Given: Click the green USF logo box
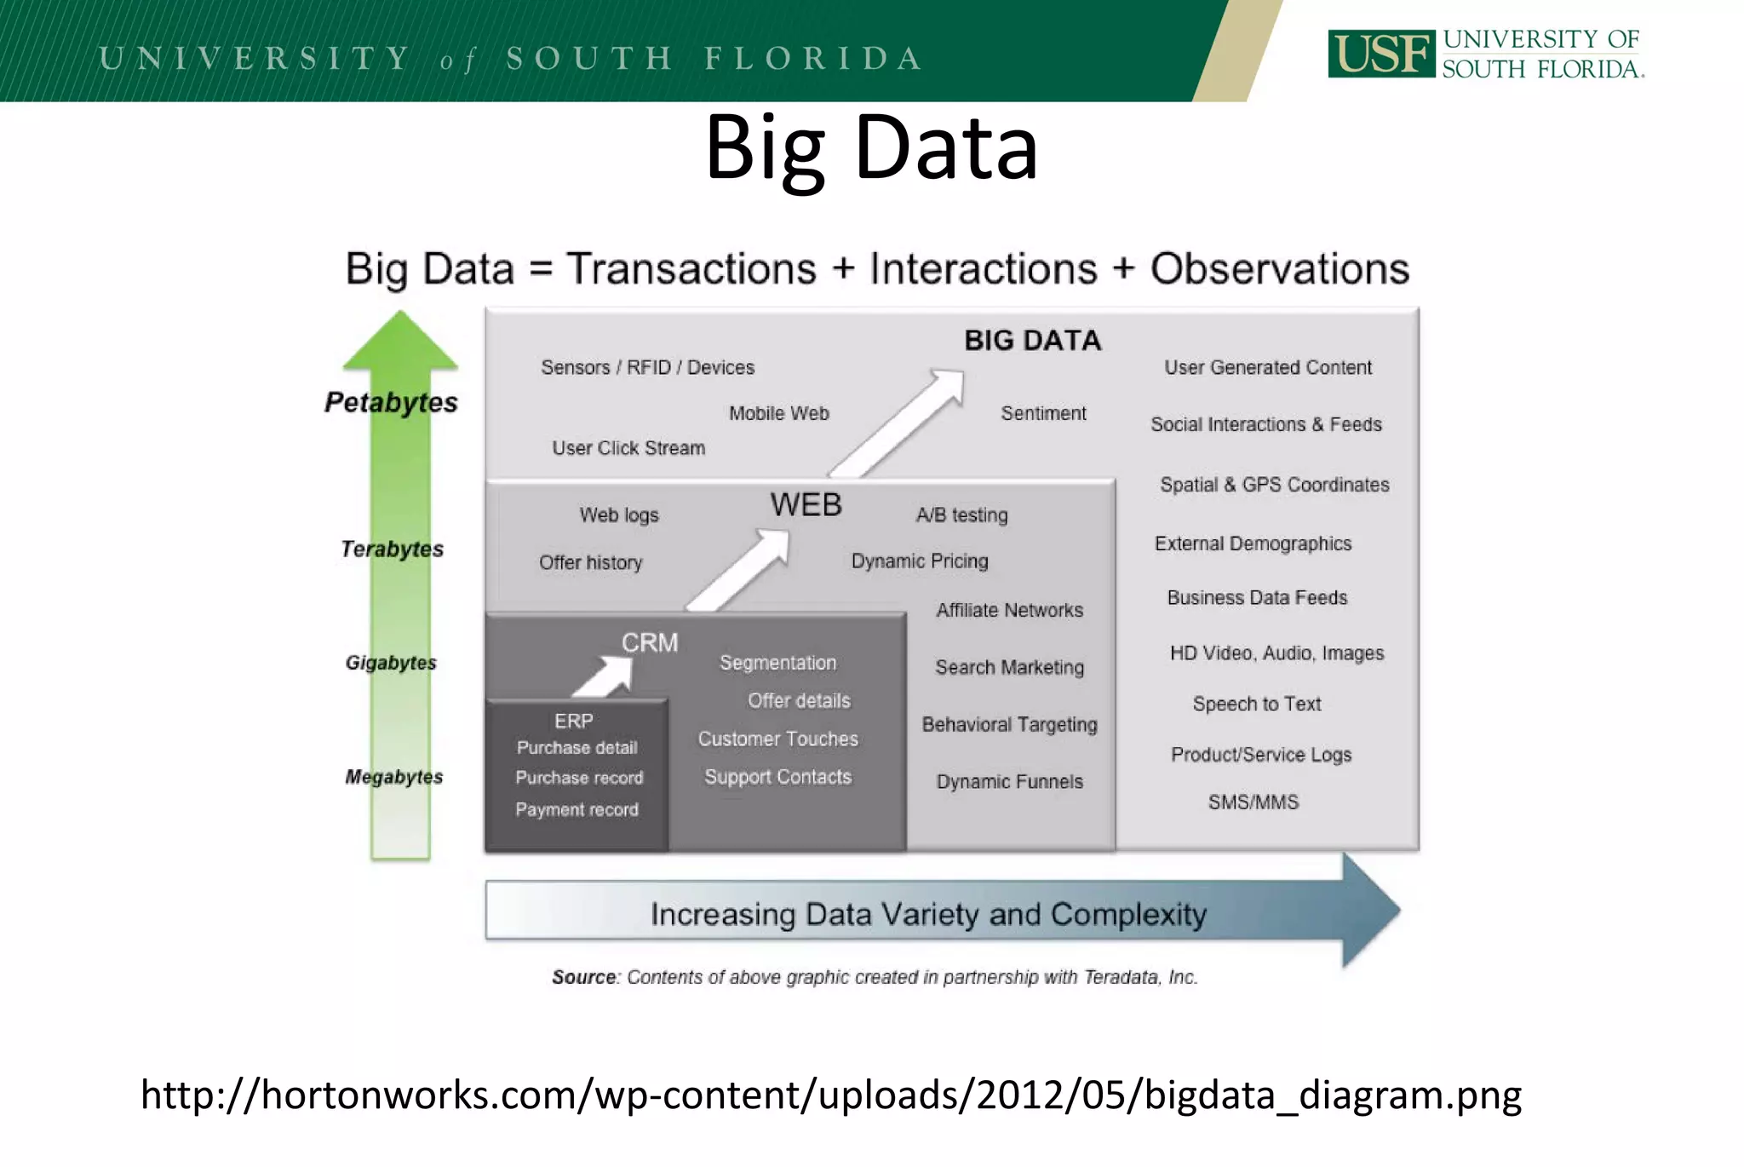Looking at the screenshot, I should coord(1380,54).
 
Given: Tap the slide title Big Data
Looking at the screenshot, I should coord(871,148).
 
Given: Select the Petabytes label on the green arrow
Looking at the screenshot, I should coord(391,402).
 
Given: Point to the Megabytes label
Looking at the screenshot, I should coord(393,777).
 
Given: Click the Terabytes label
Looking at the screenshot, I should coord(392,549).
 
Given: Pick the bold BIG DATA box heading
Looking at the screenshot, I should coord(1032,341).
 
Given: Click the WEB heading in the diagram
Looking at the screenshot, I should coord(806,505).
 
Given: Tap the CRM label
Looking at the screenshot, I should coord(649,642).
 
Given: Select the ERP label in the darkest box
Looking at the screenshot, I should coord(573,721).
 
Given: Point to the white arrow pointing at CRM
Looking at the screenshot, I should coord(606,676).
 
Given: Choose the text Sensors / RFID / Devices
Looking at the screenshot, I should coord(647,367).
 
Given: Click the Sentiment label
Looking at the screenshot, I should coord(1043,413).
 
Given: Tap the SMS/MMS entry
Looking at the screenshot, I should coord(1253,802).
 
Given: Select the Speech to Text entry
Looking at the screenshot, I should coord(1256,704).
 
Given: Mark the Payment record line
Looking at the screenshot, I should coord(577,810).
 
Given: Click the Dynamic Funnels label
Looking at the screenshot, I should coord(1009,782).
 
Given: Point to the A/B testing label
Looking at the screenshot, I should coord(961,515).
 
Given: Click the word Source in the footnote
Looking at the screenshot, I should coord(583,977).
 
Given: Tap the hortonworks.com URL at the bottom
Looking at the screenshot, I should coord(830,1095).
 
